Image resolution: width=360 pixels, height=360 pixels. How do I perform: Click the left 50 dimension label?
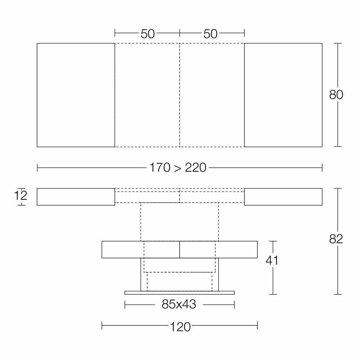click(x=148, y=34)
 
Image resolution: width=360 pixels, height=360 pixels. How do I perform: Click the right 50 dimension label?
click(x=210, y=34)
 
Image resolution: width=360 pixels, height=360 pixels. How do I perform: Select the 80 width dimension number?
click(x=336, y=95)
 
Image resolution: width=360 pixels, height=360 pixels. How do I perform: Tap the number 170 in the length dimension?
click(x=160, y=167)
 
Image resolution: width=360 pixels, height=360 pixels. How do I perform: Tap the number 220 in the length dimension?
click(x=195, y=167)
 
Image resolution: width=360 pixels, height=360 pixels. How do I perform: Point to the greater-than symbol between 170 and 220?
click(x=177, y=168)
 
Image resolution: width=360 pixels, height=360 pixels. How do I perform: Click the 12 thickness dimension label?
click(x=21, y=195)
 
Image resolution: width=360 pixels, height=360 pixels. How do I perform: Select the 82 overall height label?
click(x=336, y=239)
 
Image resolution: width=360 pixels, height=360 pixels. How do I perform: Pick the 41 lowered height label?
click(x=272, y=260)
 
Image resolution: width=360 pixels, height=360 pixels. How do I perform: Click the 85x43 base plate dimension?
click(x=179, y=304)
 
